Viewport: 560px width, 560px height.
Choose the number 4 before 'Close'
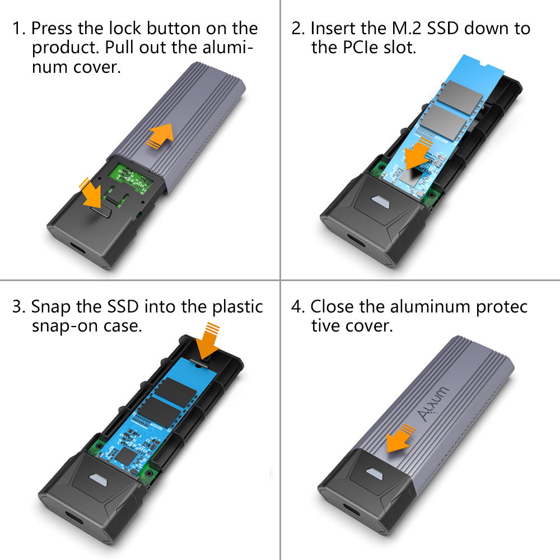297,306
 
